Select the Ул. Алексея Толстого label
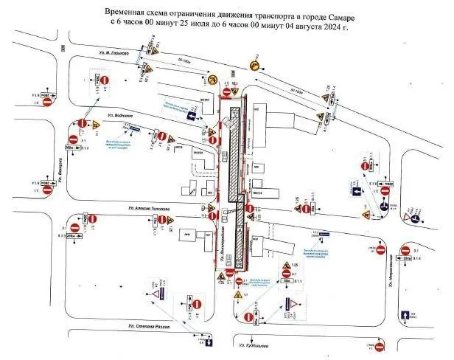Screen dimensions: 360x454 pos(150,209)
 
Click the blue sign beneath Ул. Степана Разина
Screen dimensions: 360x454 pos(209,342)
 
